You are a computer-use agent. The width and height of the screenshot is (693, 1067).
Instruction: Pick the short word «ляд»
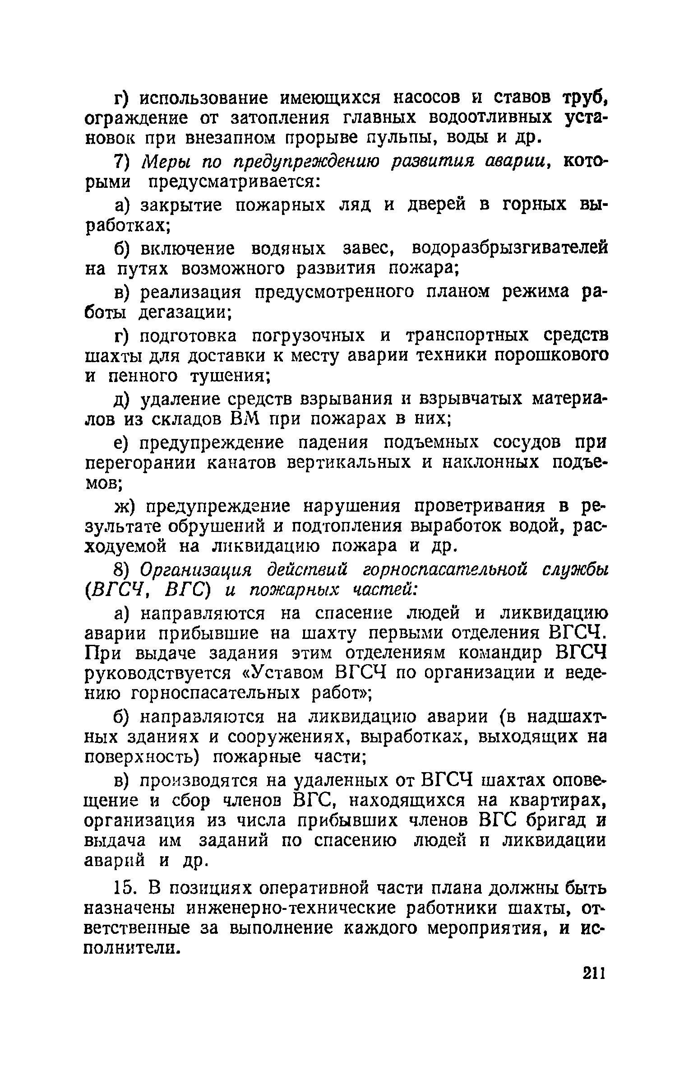coord(355,206)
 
